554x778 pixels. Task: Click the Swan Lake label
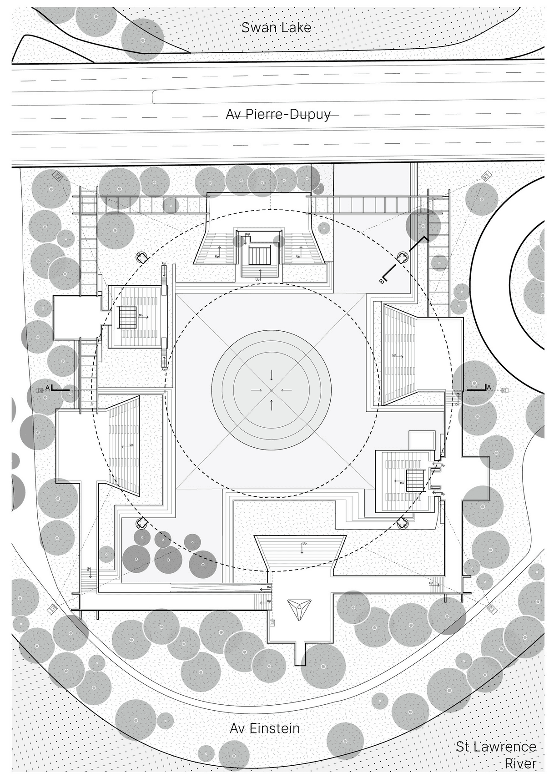tap(276, 27)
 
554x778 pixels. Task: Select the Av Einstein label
tap(265, 728)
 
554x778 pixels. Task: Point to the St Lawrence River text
tap(497, 754)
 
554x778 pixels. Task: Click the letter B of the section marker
tap(382, 281)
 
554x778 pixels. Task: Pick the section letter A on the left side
tap(48, 387)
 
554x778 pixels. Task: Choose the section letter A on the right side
tap(489, 387)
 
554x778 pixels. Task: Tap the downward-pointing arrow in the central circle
tap(272, 375)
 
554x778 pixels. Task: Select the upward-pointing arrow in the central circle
tap(272, 404)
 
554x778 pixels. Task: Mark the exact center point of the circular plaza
tap(272, 390)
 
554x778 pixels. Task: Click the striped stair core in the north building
tap(260, 255)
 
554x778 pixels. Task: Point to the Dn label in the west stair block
tap(141, 315)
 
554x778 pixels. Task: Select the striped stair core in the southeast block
tap(414, 480)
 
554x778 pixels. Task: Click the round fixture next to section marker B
tap(402, 258)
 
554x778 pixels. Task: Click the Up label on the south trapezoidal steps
tap(304, 543)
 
